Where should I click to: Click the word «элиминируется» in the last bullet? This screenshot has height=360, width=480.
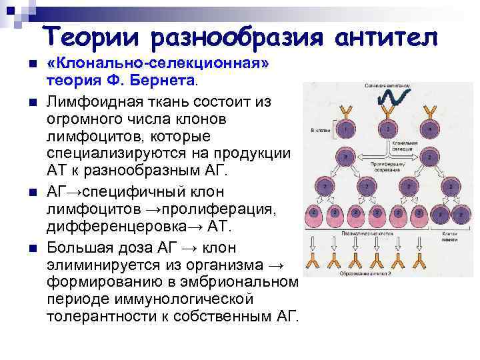(111, 265)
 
